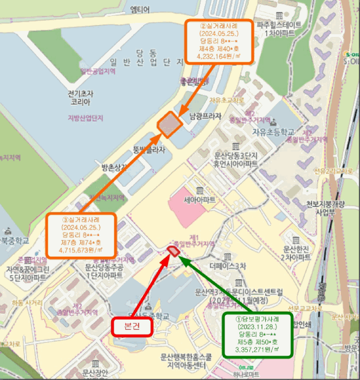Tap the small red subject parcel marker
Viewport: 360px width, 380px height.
click(x=174, y=250)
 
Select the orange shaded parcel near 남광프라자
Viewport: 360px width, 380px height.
click(x=170, y=124)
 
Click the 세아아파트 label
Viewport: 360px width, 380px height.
click(x=200, y=200)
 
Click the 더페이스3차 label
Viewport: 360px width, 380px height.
click(x=227, y=266)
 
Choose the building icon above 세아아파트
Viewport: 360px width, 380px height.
click(x=200, y=190)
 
